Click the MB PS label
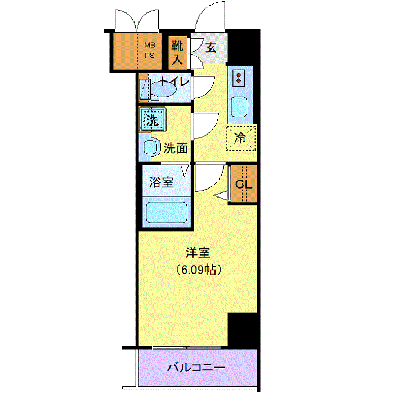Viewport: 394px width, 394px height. [150, 50]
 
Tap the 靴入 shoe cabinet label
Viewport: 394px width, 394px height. [177, 53]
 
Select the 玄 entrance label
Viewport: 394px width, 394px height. [211, 47]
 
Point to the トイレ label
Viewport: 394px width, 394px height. [175, 81]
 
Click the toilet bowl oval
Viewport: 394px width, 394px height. [163, 89]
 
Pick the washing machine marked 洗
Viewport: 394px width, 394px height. [153, 119]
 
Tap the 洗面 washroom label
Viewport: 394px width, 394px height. [176, 148]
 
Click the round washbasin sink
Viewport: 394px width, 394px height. [150, 147]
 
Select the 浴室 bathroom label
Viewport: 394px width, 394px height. [162, 182]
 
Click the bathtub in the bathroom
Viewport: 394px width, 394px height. [167, 212]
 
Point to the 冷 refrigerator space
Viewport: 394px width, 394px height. [241, 138]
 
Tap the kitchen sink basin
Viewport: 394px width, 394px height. [239, 107]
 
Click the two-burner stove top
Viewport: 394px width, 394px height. [239, 78]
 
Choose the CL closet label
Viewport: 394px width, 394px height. [244, 185]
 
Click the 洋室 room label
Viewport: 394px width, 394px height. [198, 253]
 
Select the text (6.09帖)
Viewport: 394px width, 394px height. [198, 270]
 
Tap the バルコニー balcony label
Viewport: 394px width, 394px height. [196, 368]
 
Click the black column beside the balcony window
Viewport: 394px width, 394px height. [243, 330]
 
